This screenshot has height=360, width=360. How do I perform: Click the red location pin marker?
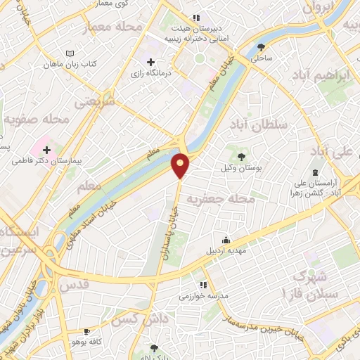tap(181, 165)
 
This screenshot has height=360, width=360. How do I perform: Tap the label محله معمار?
tap(112, 27)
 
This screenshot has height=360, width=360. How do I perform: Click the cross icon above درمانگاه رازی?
tap(150, 62)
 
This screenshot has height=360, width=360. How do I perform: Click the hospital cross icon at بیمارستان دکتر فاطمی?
tap(47, 150)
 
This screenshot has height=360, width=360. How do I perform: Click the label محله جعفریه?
tap(246, 199)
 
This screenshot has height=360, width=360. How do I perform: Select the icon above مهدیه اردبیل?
tap(226, 240)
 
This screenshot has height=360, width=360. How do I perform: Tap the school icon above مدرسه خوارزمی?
tap(203, 285)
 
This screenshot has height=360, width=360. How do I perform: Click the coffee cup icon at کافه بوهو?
tap(87, 331)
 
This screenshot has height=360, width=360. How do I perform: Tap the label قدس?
tap(75, 285)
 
